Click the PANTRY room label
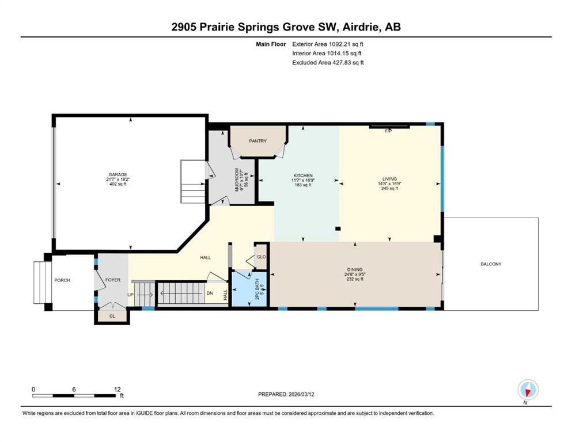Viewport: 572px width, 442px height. (257, 140)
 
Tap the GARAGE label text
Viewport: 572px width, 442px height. (118, 174)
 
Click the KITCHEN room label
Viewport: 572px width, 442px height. (303, 176)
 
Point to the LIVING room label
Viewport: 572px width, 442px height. (389, 179)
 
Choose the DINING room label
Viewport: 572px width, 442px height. (355, 270)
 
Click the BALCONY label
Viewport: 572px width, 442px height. (491, 264)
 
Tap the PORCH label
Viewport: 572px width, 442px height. (62, 280)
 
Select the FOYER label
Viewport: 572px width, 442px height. (113, 280)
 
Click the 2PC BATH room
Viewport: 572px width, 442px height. (250, 289)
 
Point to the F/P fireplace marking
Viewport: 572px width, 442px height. (388, 131)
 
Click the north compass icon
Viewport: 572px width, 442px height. (528, 390)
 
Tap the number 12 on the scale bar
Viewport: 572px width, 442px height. (117, 389)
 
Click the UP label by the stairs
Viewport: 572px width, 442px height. (130, 295)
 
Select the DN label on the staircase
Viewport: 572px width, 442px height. (210, 294)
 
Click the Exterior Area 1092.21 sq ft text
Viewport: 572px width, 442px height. (328, 44)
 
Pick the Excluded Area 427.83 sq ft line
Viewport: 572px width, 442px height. (328, 62)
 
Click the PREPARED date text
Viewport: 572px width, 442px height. (286, 394)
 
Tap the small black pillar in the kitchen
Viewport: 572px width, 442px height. (338, 229)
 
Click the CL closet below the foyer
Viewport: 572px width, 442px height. (112, 316)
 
